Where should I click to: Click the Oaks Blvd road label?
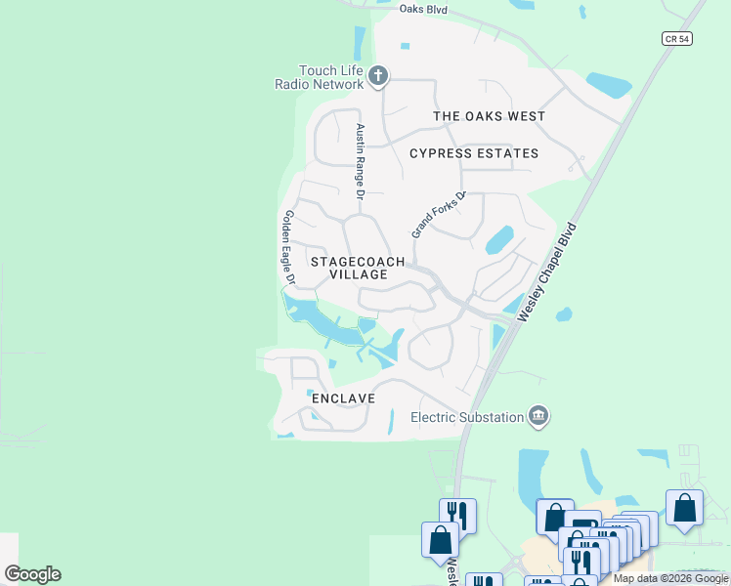[x=423, y=9]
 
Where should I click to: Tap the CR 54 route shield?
[x=675, y=38]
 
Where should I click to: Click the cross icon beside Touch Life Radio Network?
[x=379, y=75]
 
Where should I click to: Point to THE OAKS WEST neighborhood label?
[x=489, y=116]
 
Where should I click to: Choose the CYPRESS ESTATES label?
[x=474, y=153]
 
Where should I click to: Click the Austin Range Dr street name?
[x=360, y=162]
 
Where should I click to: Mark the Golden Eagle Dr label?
[x=288, y=247]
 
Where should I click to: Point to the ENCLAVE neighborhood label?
[x=343, y=398]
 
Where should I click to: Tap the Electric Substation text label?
[x=467, y=417]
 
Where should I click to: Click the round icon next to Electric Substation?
[x=538, y=417]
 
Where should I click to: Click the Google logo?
[x=32, y=574]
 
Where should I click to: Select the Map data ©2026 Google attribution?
[x=670, y=578]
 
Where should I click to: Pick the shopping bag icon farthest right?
[x=684, y=509]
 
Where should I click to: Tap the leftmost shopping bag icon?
[x=440, y=540]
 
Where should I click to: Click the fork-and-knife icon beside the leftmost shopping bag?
[x=457, y=516]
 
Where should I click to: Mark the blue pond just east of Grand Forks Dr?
[x=499, y=238]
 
